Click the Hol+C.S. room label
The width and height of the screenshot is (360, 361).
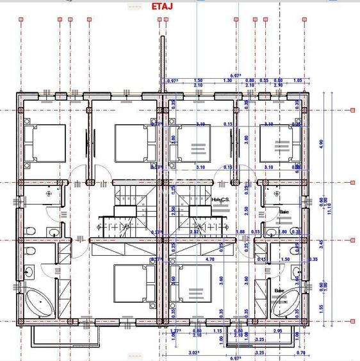click(x=220, y=199)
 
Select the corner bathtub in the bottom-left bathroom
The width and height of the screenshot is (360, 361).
click(x=40, y=303)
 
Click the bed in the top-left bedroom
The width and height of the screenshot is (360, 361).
click(x=45, y=143)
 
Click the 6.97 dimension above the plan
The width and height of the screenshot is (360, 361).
click(x=235, y=76)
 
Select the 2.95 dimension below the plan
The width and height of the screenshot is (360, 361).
click(x=277, y=331)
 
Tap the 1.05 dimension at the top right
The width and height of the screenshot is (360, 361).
click(x=297, y=81)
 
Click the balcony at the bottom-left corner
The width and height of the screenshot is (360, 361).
click(x=61, y=333)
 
